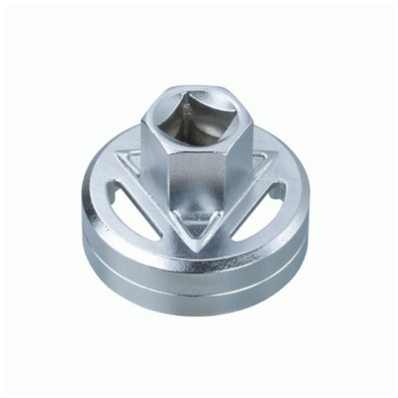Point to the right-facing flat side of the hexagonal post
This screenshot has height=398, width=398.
239,161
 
